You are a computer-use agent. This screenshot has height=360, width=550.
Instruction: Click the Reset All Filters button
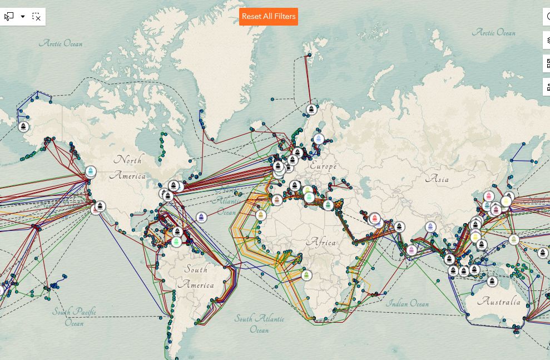tap(269, 17)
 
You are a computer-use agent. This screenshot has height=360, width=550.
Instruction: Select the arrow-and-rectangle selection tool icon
tap(9, 17)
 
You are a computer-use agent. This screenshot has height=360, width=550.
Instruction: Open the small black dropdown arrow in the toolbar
tap(23, 17)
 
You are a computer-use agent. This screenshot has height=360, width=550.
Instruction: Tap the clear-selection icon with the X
tap(36, 17)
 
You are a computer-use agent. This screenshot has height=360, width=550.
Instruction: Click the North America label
tap(128, 167)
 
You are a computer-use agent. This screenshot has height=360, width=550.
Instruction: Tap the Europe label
tap(323, 166)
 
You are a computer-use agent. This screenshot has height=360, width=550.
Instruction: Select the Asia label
tap(437, 179)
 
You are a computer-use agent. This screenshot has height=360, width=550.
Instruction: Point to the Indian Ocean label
tap(408, 304)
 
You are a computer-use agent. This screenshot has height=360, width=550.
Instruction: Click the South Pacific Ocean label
tap(75, 317)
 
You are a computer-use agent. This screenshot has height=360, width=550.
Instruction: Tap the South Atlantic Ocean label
tap(259, 324)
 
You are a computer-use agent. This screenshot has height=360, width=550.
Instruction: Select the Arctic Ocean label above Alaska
tap(61, 43)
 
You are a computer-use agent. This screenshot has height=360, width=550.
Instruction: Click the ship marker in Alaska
tap(23, 126)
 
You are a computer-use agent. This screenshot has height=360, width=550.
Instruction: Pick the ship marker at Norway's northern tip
tap(312, 109)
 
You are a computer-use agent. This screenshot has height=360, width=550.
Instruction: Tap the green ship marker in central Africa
tap(306, 275)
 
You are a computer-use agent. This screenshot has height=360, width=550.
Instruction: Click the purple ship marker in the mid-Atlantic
tap(201, 217)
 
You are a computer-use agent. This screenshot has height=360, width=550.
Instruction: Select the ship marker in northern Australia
tap(492, 281)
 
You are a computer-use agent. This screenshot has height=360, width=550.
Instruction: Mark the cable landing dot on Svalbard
tap(310, 55)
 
